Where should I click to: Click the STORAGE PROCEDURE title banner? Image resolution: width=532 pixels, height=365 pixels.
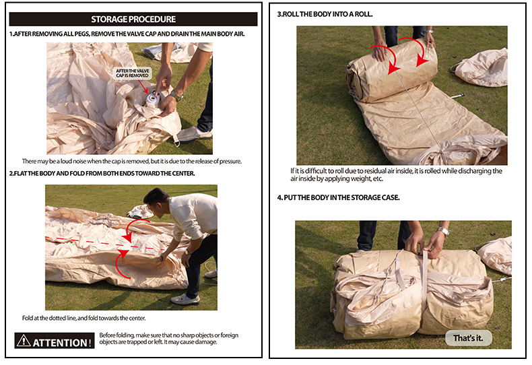(x=133, y=20)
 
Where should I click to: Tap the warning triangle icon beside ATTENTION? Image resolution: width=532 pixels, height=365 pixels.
(x=24, y=341)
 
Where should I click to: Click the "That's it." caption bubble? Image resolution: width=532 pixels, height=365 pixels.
(x=468, y=338)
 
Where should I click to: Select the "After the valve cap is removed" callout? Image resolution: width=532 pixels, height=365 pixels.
(x=132, y=73)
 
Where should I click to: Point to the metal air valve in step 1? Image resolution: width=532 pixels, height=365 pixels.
(x=153, y=98)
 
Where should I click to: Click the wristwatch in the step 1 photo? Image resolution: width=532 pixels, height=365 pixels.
(x=176, y=96)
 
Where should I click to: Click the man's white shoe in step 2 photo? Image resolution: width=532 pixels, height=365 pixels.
(x=185, y=299)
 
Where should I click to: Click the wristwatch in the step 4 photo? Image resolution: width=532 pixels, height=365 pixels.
(x=443, y=232)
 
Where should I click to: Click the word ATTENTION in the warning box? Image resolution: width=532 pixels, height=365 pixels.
(x=62, y=343)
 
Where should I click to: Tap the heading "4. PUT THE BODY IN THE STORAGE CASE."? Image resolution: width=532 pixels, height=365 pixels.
(x=338, y=197)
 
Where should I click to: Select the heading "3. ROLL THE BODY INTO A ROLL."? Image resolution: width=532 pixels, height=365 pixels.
(x=325, y=14)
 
